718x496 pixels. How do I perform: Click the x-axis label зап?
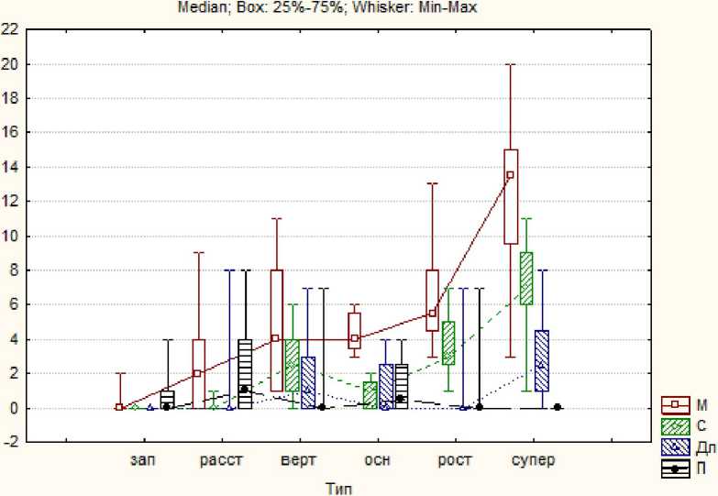point(143,460)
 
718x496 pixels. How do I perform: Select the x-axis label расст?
point(221,460)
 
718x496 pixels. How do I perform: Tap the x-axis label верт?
point(300,460)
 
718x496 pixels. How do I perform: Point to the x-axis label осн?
point(378,460)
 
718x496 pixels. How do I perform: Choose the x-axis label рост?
point(455,460)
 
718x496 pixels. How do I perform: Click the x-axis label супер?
point(533,460)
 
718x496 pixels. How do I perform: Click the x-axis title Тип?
point(338,488)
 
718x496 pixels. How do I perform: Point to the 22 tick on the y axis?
point(9,29)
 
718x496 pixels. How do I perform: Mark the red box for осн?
point(354,329)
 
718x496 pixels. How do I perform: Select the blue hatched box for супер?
point(542,360)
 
